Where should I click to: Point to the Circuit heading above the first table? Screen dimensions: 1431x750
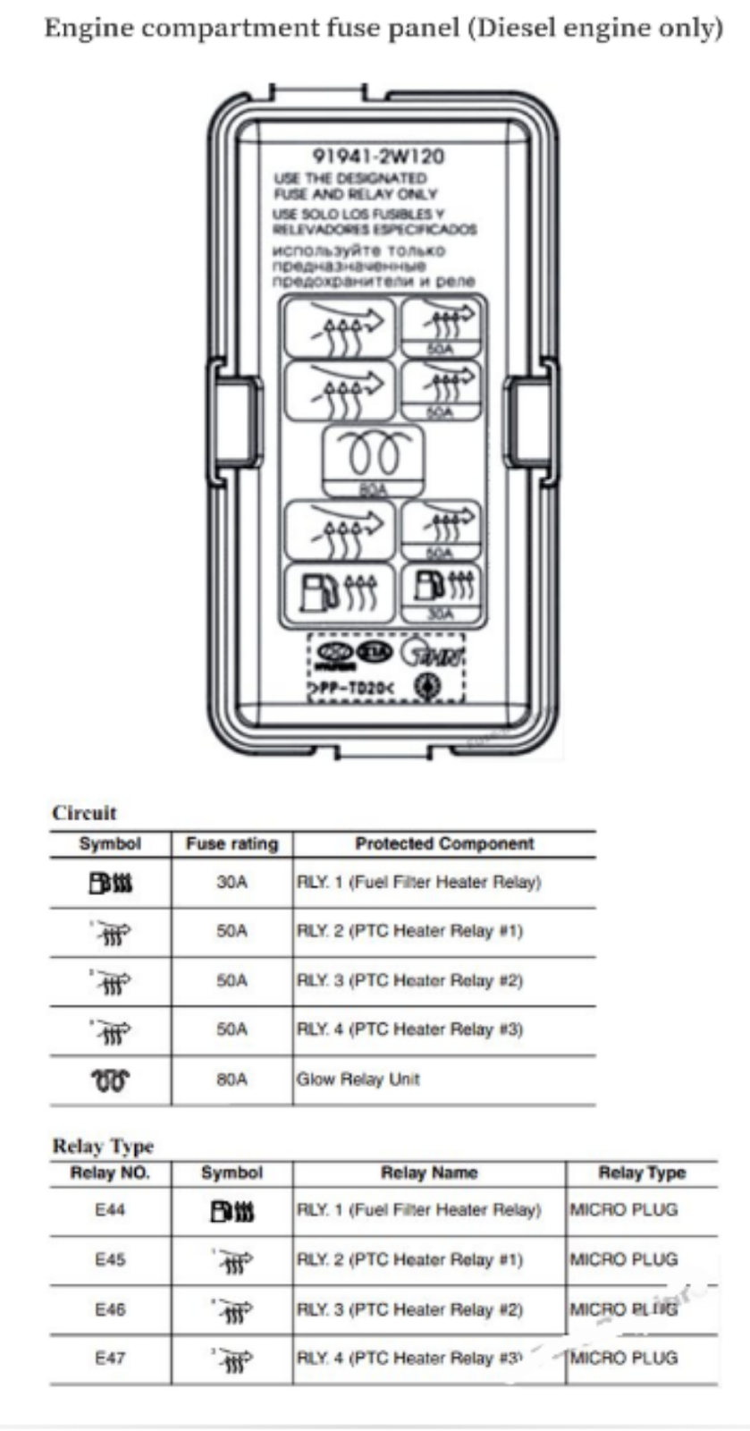point(84,813)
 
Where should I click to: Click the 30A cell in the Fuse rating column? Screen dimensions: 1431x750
point(232,883)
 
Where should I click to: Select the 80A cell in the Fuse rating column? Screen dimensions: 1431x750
point(232,1080)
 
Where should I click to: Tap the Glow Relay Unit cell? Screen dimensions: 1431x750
point(358,1080)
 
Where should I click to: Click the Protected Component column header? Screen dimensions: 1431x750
point(444,843)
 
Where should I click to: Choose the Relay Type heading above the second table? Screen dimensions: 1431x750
point(103,1146)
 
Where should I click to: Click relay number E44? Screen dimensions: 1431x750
point(110,1210)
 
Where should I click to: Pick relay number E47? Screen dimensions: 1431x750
point(110,1358)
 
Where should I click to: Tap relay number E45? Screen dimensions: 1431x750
point(110,1259)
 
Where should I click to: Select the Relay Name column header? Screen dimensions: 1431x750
point(429,1173)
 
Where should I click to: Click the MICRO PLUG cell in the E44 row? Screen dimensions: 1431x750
point(624,1210)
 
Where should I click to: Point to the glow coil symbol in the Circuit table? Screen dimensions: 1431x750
point(110,1080)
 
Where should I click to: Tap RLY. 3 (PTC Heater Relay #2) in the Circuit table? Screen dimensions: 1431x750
point(409,981)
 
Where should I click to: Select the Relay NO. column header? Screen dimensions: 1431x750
point(110,1173)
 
